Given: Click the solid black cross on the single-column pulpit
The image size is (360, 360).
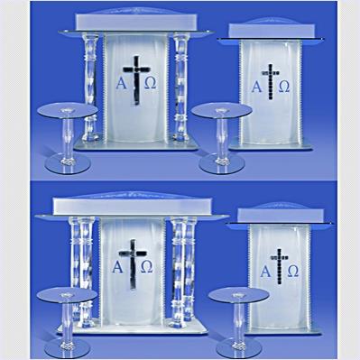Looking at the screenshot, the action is pyautogui.click(x=136, y=80).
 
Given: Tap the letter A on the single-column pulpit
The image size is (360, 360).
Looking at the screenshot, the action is pyautogui.click(x=122, y=83).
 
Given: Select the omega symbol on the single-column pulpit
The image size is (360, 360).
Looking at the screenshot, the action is pyautogui.click(x=151, y=83).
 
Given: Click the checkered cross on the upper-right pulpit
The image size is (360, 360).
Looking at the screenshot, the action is pyautogui.click(x=271, y=81).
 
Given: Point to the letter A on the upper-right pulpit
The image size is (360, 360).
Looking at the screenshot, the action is pyautogui.click(x=256, y=87).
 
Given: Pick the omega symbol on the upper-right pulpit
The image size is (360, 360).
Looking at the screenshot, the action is pyautogui.click(x=284, y=87).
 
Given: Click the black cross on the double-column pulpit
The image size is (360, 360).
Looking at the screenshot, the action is pyautogui.click(x=133, y=264).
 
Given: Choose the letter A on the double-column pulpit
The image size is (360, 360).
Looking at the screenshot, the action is pyautogui.click(x=117, y=266).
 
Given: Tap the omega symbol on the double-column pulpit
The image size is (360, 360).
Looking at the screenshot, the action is pyautogui.click(x=147, y=266).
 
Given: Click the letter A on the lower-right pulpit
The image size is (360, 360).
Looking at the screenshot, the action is pyautogui.click(x=265, y=272).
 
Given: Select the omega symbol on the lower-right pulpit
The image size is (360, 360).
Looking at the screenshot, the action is pyautogui.click(x=293, y=271).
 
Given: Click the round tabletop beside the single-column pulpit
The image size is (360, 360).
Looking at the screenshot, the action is pyautogui.click(x=68, y=109).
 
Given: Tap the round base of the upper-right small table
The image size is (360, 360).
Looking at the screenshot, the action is pyautogui.click(x=222, y=164).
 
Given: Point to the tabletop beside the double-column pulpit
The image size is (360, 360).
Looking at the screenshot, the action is pyautogui.click(x=67, y=294).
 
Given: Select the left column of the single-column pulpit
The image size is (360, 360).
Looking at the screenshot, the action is pyautogui.click(x=90, y=88).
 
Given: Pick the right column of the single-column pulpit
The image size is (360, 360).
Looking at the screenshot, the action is pyautogui.click(x=181, y=88).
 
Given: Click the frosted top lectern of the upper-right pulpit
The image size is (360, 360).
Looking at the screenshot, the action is pyautogui.click(x=272, y=31).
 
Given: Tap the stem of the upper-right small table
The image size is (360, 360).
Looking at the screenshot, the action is pyautogui.click(x=222, y=137).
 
